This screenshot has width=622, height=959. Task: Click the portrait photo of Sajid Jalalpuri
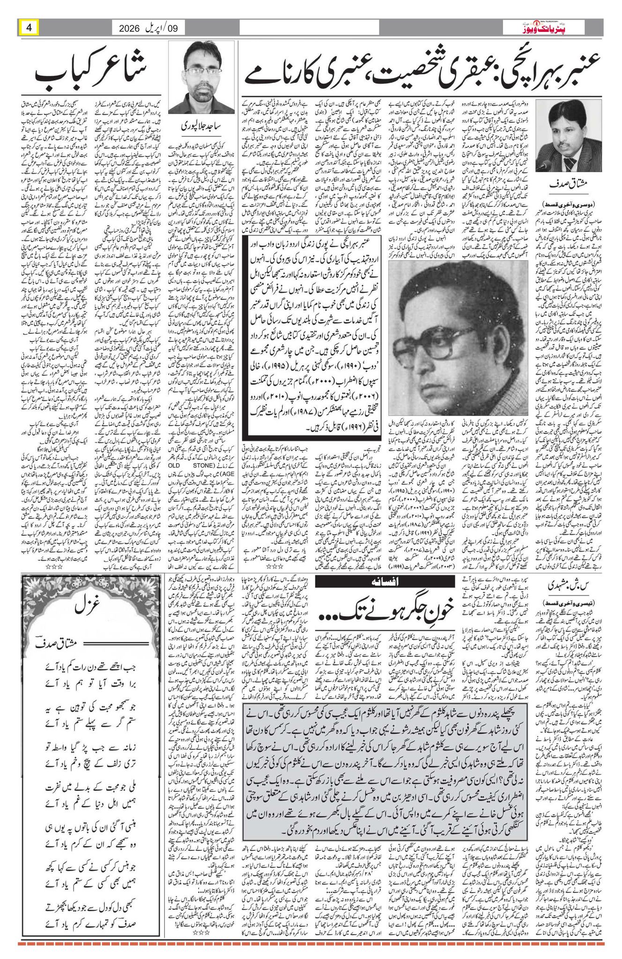[202, 80]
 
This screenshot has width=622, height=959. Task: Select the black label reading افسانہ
[385, 582]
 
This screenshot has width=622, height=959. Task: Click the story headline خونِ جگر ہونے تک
[385, 608]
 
